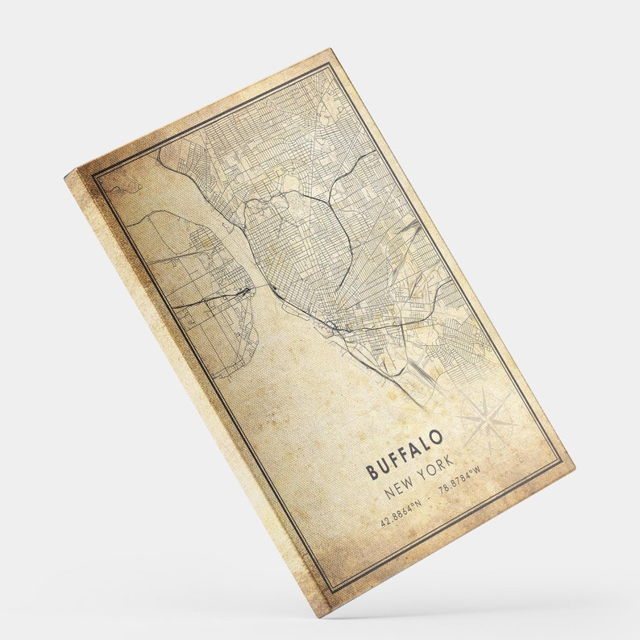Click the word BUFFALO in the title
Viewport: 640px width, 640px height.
(x=405, y=455)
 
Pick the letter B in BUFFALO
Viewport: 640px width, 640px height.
(x=372, y=472)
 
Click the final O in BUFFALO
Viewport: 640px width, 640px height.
(x=436, y=438)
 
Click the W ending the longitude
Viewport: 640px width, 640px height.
(x=476, y=468)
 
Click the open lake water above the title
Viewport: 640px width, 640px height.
(x=322, y=379)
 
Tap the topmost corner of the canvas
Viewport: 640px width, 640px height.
(x=330, y=50)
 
